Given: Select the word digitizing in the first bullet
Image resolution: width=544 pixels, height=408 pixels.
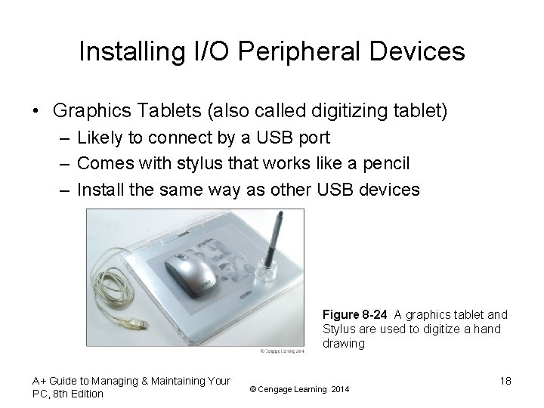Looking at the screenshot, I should click(338, 111).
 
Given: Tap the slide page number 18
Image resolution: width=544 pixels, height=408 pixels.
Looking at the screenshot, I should click(505, 381).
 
